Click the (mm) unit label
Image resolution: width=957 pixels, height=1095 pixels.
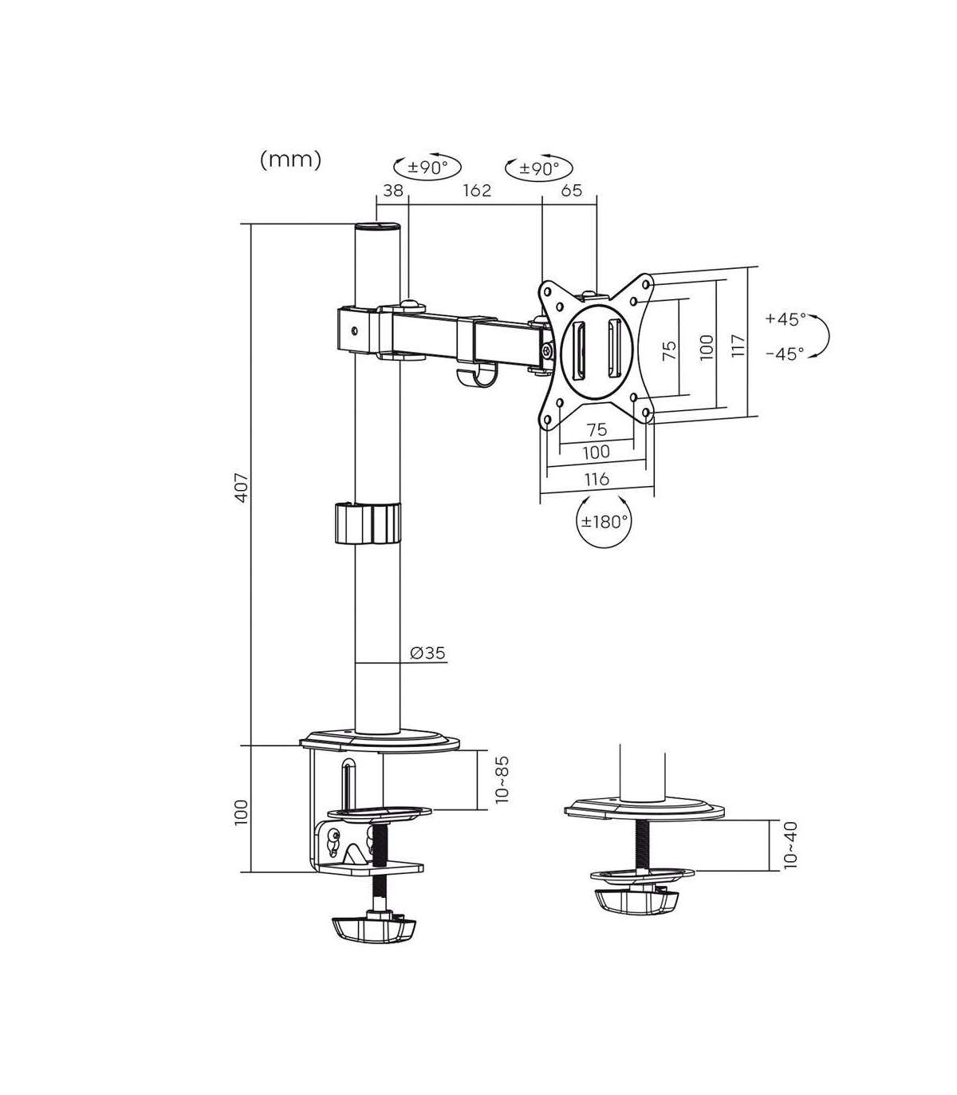pyautogui.click(x=290, y=160)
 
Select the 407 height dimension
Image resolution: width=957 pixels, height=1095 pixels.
pyautogui.click(x=242, y=487)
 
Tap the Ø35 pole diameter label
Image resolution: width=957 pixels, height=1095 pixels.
pyautogui.click(x=427, y=652)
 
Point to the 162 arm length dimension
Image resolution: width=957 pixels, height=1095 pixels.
pyautogui.click(x=477, y=190)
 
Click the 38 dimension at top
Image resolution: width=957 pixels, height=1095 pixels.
pyautogui.click(x=393, y=190)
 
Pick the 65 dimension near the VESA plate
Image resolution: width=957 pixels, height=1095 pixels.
pyautogui.click(x=571, y=190)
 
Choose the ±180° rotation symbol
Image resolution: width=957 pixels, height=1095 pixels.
pyautogui.click(x=604, y=520)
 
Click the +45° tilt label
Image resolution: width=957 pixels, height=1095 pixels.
pyautogui.click(x=786, y=318)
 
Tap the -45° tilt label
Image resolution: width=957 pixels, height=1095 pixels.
pyautogui.click(x=785, y=354)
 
